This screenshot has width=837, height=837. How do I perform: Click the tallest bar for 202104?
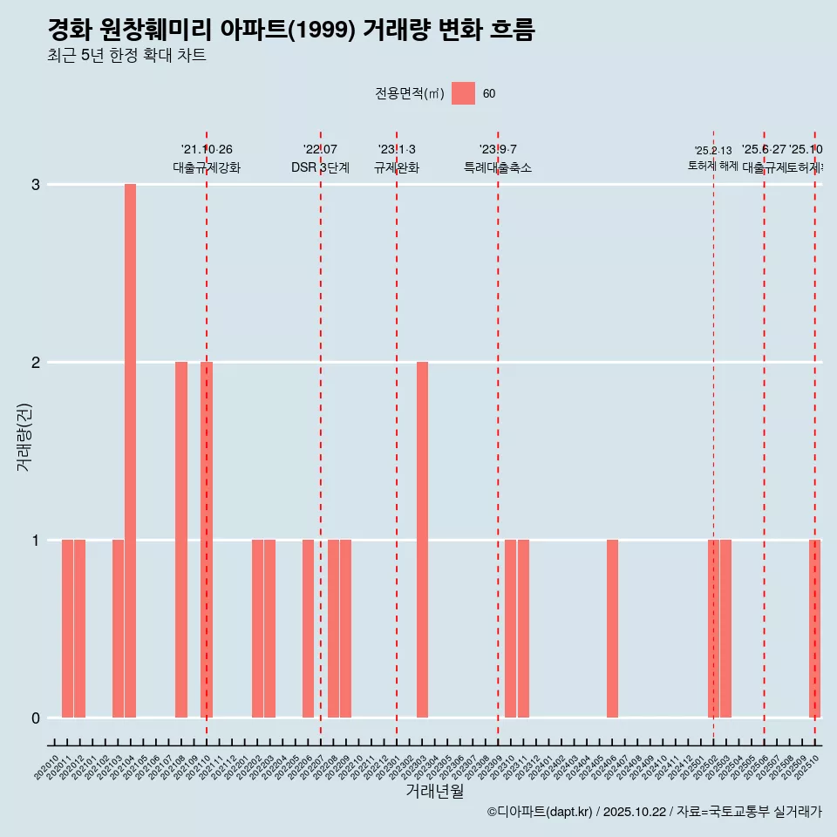(130, 451)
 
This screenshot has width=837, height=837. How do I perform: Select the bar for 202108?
(181, 540)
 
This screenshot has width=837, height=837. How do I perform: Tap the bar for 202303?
(422, 540)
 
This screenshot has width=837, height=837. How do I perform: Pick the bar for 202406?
(612, 629)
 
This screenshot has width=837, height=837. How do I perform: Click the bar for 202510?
(814, 629)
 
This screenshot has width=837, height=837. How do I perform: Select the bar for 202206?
(308, 629)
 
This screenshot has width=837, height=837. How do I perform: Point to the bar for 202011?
(67, 629)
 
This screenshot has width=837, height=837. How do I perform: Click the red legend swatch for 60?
(463, 93)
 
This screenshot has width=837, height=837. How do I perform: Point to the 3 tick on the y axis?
(36, 185)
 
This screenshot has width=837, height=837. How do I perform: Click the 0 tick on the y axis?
(36, 718)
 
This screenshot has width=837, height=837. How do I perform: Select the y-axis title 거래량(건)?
(24, 436)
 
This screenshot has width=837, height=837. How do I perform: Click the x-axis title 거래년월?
(434, 791)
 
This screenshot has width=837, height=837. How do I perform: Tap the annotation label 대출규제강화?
(207, 167)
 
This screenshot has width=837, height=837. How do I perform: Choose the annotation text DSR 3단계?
(320, 167)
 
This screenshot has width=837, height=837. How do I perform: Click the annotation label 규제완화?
(397, 167)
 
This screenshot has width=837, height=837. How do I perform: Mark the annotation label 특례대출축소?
(498, 167)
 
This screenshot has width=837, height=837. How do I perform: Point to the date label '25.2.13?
(713, 151)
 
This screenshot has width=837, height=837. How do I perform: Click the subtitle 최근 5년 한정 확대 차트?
(126, 56)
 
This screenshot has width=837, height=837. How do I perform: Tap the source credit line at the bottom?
(654, 812)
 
